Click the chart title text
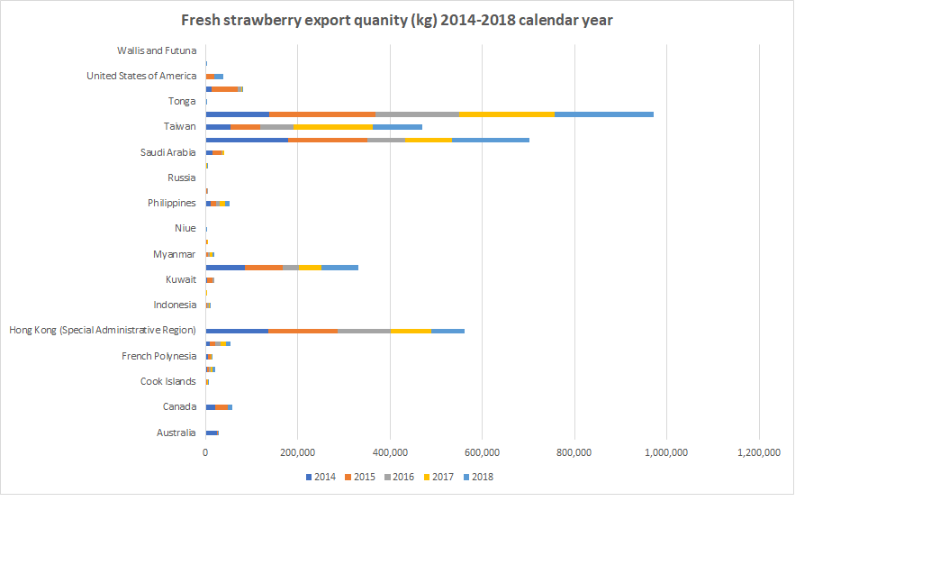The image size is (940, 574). click(396, 20)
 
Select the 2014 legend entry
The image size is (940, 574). click(321, 477)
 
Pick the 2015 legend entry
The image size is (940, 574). click(360, 477)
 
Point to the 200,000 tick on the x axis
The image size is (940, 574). click(297, 452)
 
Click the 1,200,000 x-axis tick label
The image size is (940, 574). click(758, 452)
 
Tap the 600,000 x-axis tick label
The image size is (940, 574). click(482, 452)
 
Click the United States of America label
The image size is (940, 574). click(140, 76)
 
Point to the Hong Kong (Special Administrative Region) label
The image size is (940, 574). click(103, 331)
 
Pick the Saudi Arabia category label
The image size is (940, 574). click(167, 152)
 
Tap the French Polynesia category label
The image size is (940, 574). click(158, 356)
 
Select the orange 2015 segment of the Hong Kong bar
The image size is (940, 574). click(303, 331)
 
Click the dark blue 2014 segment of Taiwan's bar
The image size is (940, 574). click(218, 127)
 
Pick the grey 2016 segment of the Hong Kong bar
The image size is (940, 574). click(364, 331)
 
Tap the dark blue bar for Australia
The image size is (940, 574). click(212, 433)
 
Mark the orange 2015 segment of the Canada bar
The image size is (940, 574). click(221, 407)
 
